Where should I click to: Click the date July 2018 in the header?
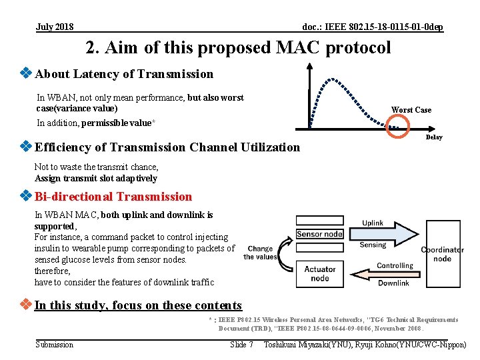55,27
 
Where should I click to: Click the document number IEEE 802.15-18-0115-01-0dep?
373,27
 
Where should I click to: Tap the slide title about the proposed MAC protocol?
238,48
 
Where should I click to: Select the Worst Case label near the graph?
411,110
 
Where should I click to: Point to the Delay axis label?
433,137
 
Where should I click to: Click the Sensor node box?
319,234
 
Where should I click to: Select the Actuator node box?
319,273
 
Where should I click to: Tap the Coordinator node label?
442,254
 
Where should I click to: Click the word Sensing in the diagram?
373,245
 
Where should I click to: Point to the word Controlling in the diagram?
395,265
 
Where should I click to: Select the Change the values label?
260,253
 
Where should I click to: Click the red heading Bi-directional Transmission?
113,197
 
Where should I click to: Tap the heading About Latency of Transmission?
124,74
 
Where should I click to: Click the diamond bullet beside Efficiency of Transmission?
26,147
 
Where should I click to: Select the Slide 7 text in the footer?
241,345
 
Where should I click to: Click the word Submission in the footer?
55,345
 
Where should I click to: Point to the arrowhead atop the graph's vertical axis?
309,67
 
